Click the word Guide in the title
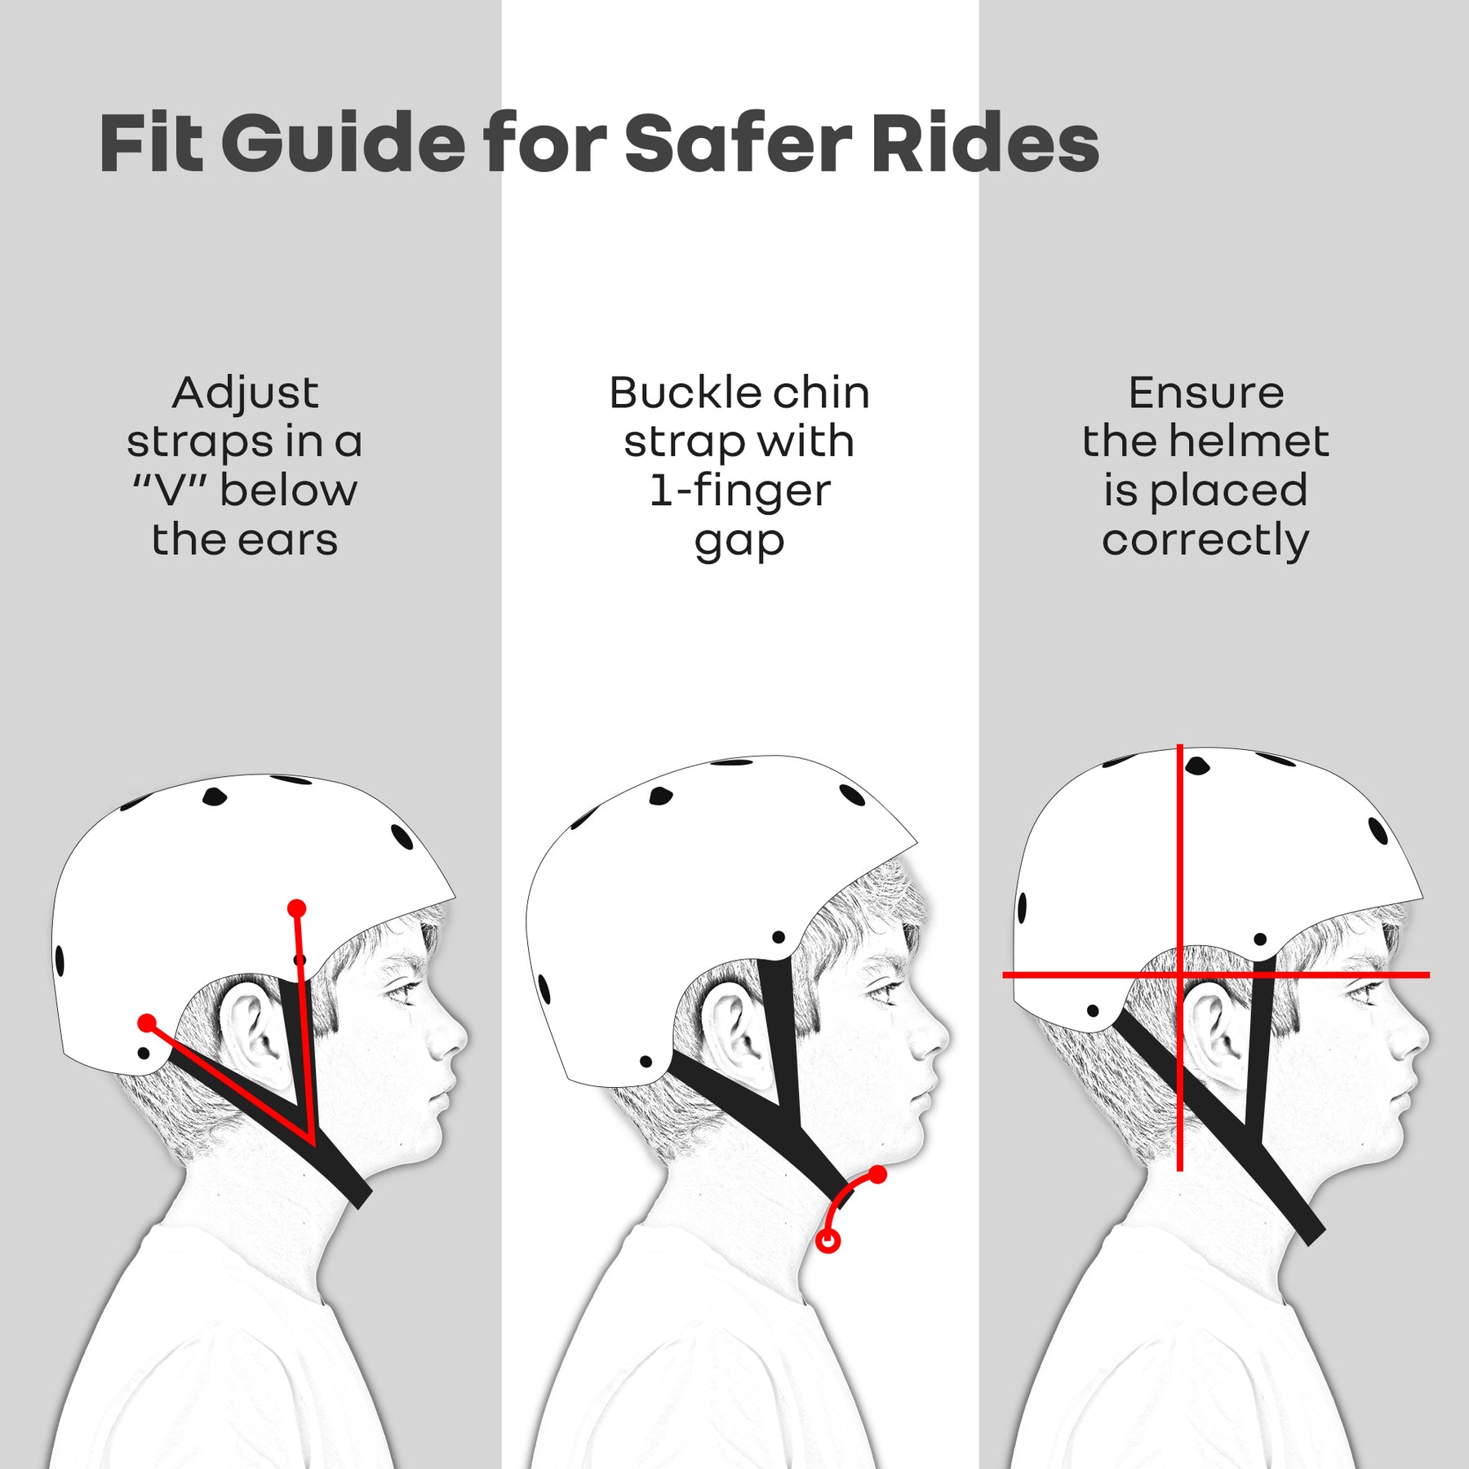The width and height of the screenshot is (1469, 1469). (x=343, y=144)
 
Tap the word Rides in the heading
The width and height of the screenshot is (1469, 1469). (x=985, y=144)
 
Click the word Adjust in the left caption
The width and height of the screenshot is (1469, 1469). (x=245, y=393)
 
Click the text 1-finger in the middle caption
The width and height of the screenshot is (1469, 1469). (x=739, y=490)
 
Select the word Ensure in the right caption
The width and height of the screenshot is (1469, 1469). (x=1205, y=393)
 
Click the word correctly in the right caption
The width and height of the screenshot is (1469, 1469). (x=1205, y=540)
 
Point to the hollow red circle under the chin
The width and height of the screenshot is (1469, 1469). (x=828, y=1242)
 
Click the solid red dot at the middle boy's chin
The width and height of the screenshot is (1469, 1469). (x=877, y=1175)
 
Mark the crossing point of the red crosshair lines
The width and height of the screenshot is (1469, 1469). (x=1180, y=974)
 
